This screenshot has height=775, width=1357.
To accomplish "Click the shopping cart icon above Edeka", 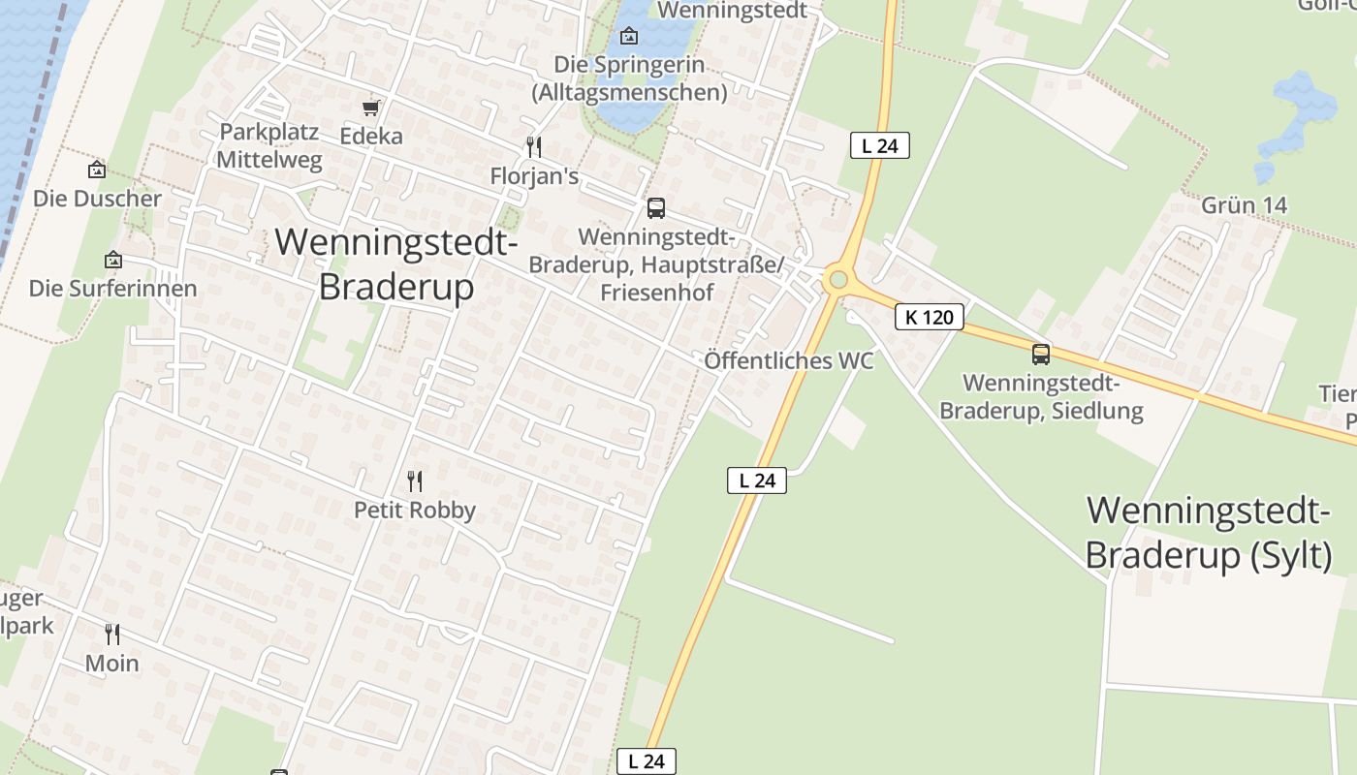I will pos(370,108).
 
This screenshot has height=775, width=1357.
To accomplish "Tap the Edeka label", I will pos(371,137).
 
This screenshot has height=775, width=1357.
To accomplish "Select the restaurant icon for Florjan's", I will pos(533,147).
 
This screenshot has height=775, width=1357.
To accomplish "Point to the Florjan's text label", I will pos(534,176).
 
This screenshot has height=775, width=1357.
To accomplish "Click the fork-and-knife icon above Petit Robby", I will pos(415,480).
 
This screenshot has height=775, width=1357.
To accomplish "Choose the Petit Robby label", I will pos(415,510).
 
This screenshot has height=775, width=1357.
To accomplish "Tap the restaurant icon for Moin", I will pos(112,635).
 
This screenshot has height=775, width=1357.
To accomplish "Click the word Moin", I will pos(112,664).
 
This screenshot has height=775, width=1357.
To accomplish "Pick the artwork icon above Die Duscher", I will pos(97,170).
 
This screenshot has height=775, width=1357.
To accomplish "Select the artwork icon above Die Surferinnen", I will pos(113,260).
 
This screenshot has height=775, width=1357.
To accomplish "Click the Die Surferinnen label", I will pos(112,288).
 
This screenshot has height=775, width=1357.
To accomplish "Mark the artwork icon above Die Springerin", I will pos(629,37).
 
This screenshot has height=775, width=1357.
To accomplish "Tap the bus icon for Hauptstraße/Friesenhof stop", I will pos(656,208).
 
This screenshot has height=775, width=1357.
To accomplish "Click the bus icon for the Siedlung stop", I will pos(1041,355).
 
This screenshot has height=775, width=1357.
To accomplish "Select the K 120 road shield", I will pos(929,317).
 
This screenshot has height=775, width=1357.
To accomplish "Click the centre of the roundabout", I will pos(838,281).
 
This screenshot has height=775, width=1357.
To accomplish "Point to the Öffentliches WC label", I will pos(789,361).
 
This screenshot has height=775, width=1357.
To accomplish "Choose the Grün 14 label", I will pos(1244,205).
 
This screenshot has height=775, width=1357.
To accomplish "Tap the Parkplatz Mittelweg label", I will pos(269,146).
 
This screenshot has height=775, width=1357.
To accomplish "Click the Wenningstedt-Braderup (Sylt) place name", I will pos(1208,532).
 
